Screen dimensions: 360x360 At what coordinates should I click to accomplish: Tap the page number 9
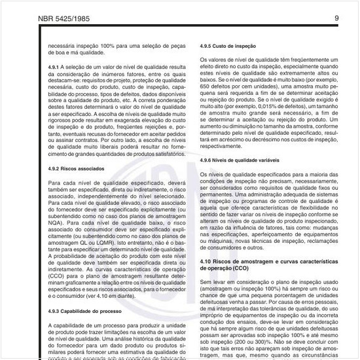tap(336, 18)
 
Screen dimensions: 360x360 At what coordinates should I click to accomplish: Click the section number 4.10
tap(207, 261)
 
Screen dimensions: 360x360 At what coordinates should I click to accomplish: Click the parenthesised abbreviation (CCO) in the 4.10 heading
tap(240, 268)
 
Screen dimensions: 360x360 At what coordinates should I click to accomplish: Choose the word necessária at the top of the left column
tap(62, 47)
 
